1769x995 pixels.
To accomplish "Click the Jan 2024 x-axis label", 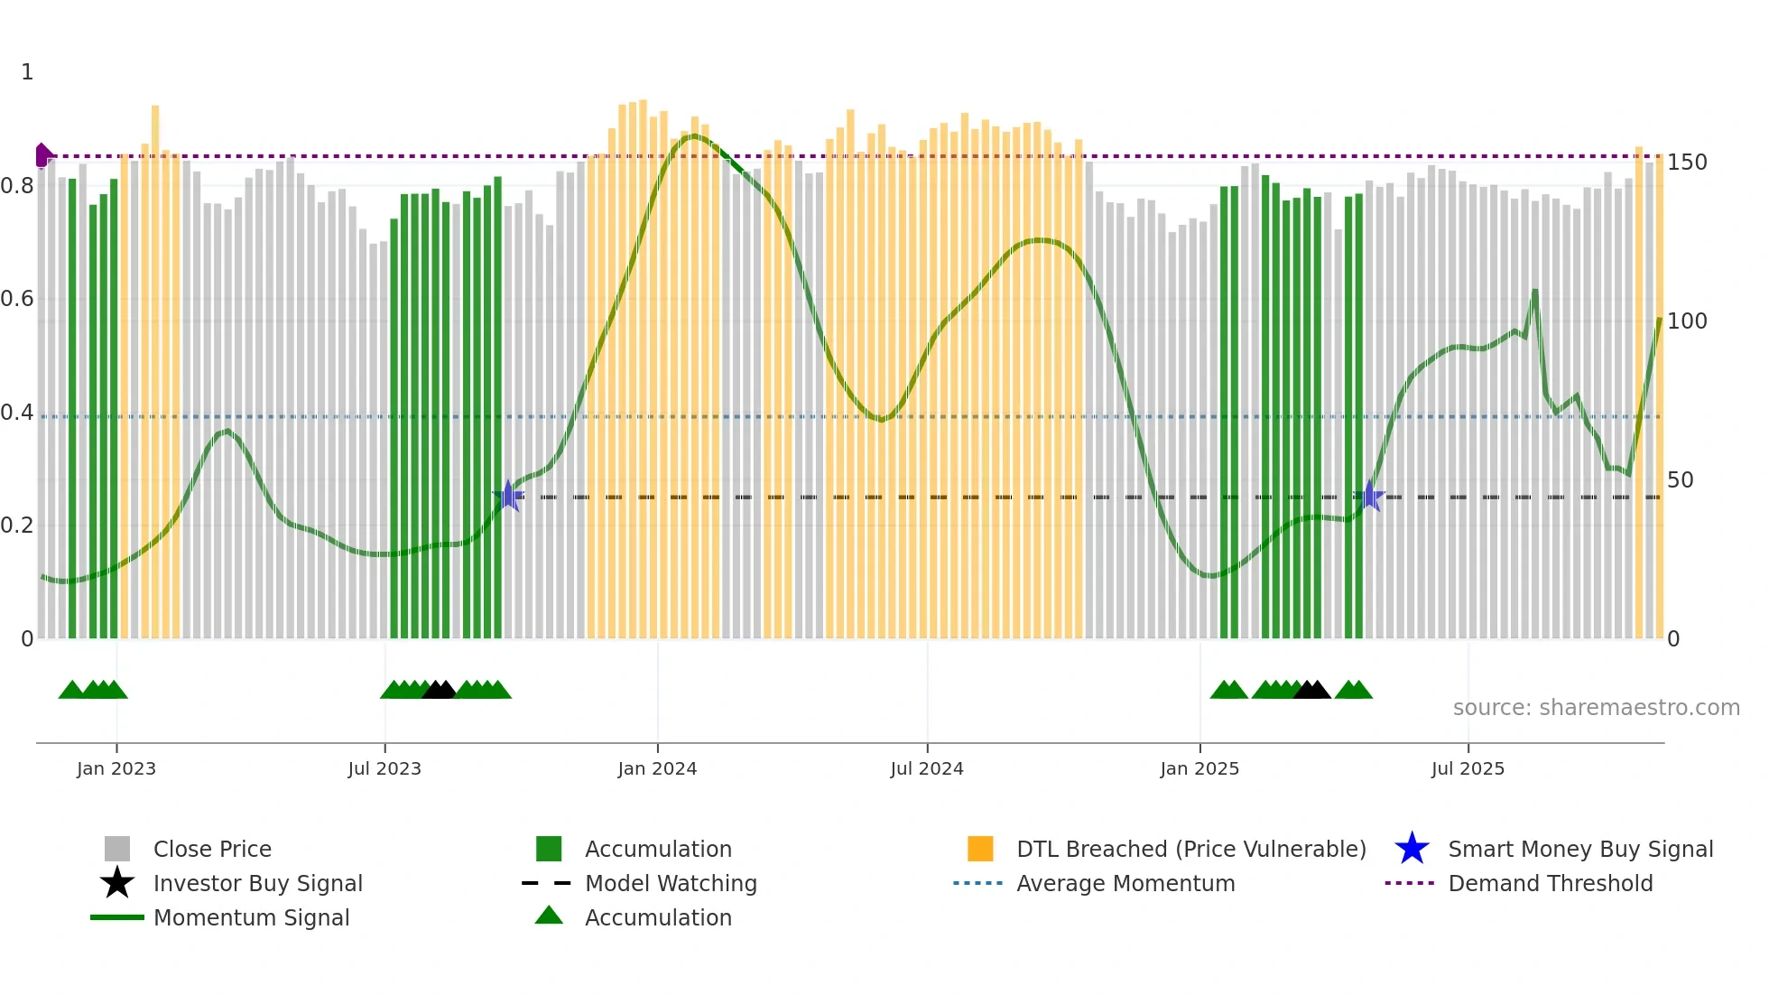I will tap(657, 768).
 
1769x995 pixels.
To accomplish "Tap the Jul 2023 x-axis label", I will tap(384, 768).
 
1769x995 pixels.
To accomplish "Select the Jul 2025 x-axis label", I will tap(1468, 768).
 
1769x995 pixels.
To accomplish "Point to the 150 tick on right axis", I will tap(1686, 163).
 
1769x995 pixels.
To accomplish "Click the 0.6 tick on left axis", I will tap(17, 299).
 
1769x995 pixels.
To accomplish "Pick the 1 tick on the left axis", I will tap(27, 72).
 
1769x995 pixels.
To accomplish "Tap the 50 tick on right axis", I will tap(1680, 480).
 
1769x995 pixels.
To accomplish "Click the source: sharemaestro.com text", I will tap(1596, 708).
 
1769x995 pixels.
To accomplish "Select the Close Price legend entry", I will tap(212, 849).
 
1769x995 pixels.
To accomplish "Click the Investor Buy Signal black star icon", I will tap(117, 883).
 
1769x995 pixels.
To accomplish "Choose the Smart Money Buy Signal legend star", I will tap(1412, 849).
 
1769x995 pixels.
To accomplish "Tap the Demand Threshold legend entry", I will tap(1550, 883).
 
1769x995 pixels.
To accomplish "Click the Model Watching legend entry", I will tap(670, 883).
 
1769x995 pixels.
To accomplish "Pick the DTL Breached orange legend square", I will tap(980, 849).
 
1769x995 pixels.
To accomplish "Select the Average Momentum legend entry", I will tap(1125, 883).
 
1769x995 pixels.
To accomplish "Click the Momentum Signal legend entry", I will tap(251, 917).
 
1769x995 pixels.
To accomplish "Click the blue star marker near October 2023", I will tap(509, 496).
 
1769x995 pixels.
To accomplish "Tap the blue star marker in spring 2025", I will tap(1369, 496).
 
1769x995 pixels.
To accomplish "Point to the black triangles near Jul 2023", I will tap(440, 690).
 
